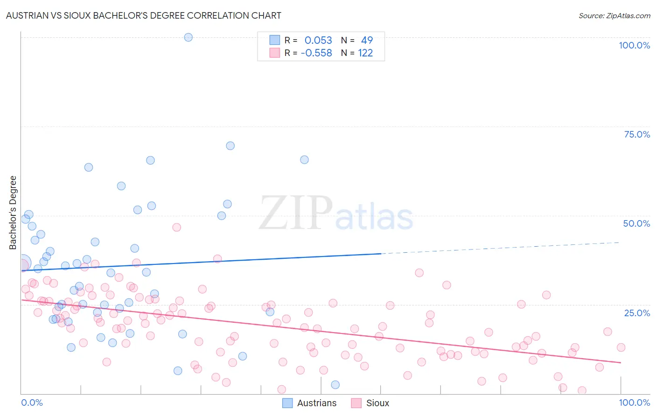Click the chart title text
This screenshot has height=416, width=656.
coord(144,15)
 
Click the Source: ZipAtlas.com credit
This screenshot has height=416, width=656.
coord(614,15)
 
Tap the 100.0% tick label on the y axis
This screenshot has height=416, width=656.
coord(634,45)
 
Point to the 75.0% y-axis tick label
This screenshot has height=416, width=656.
coord(637,134)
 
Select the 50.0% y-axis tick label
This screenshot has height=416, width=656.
coord(636,223)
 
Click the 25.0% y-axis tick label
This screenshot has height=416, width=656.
coord(637,313)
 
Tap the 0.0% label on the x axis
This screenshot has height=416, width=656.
coord(32,402)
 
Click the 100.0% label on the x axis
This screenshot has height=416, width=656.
coord(634,402)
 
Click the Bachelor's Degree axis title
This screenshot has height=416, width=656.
coord(13,213)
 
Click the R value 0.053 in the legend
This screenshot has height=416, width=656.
coord(318,40)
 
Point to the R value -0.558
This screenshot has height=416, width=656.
coord(316,53)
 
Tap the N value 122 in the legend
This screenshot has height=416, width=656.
coord(365,53)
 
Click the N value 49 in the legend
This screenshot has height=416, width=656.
coord(367,40)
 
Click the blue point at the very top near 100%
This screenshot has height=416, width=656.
coord(188,37)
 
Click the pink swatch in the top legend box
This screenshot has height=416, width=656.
coord(274,53)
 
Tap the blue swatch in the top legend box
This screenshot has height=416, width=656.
coord(274,40)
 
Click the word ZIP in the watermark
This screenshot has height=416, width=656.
coord(295,213)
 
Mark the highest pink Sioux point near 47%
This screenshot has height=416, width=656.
coord(176,228)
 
